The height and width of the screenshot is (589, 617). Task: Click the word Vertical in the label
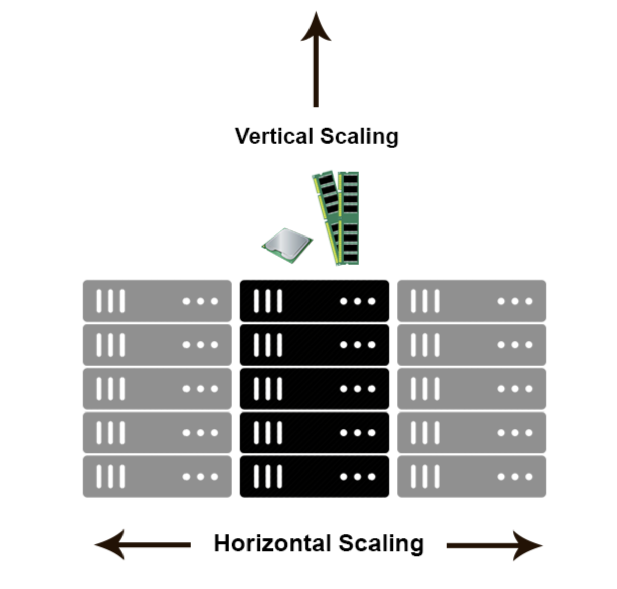pyautogui.click(x=274, y=136)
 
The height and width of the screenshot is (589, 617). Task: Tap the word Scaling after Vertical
pyautogui.click(x=359, y=136)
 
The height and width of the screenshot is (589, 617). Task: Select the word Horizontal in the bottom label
pyautogui.click(x=272, y=543)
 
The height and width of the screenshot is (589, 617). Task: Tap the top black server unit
pyautogui.click(x=314, y=301)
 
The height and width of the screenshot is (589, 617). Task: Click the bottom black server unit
pyautogui.click(x=314, y=477)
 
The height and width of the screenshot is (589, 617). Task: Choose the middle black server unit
pyautogui.click(x=314, y=389)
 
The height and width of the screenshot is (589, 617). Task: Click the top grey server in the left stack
pyautogui.click(x=157, y=301)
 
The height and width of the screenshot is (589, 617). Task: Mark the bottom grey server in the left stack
pyautogui.click(x=157, y=477)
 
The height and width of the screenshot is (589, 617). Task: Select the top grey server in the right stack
pyautogui.click(x=471, y=301)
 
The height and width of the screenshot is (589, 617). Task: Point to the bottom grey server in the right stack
pyautogui.click(x=471, y=477)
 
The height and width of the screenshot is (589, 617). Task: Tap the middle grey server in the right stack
pyautogui.click(x=471, y=389)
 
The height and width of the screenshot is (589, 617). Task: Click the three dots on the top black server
pyautogui.click(x=357, y=301)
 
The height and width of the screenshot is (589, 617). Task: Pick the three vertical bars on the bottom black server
pyautogui.click(x=268, y=477)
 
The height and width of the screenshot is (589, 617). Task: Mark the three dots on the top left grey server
pyautogui.click(x=200, y=301)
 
